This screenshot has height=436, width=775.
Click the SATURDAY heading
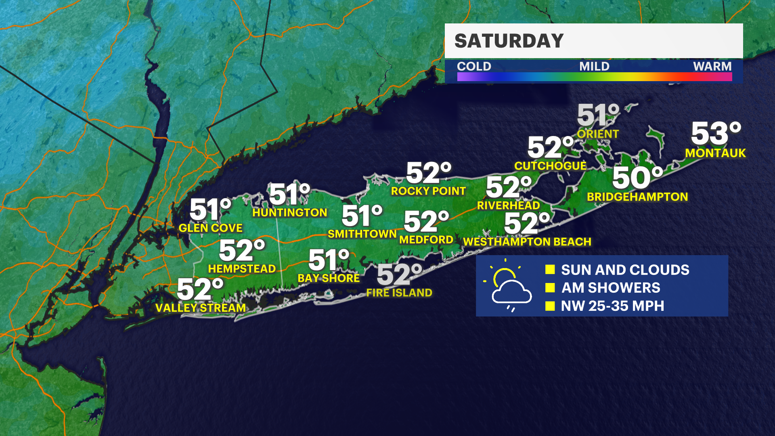click(509, 41)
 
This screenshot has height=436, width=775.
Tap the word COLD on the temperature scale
click(474, 66)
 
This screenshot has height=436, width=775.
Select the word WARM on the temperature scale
click(712, 66)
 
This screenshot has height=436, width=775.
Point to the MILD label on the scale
click(594, 66)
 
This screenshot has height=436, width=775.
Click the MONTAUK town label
click(715, 153)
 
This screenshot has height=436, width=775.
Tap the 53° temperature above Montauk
click(716, 134)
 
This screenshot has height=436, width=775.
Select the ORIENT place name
click(598, 134)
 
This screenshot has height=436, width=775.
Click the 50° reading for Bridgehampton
click(637, 178)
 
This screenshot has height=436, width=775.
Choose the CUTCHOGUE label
click(550, 166)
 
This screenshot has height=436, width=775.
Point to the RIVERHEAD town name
click(508, 205)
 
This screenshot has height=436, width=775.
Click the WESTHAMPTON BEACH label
click(527, 242)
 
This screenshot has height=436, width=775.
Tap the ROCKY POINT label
click(428, 191)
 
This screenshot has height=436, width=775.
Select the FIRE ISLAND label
click(399, 293)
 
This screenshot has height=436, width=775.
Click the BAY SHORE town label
click(329, 278)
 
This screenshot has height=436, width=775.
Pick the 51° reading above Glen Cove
click(210, 210)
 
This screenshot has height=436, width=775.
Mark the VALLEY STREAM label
click(201, 308)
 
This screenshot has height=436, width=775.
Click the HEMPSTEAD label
click(242, 269)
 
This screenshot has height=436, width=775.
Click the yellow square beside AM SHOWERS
click(550, 287)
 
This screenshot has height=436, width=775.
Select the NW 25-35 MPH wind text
click(612, 306)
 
